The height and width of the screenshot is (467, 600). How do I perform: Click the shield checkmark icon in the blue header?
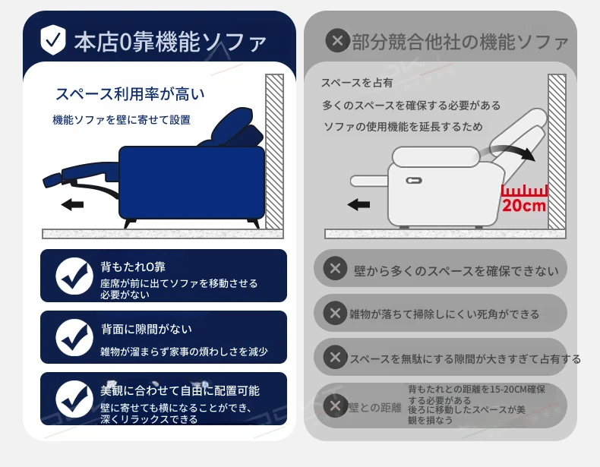coord(53,39)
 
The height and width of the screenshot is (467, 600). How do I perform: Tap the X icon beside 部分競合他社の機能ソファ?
coord(337,40)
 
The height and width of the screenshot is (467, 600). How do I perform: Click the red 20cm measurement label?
coord(524,205)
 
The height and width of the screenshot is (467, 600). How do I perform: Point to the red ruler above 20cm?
coord(524,191)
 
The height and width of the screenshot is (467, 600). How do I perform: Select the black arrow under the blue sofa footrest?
coord(72,204)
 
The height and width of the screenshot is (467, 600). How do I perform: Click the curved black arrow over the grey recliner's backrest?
coord(509,152)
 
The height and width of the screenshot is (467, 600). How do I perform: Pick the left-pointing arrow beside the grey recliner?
coord(358,204)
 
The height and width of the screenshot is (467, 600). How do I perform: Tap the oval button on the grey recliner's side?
coord(414,181)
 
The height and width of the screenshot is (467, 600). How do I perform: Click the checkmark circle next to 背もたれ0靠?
coord(74,276)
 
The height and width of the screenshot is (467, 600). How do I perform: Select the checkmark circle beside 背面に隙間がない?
coord(74,338)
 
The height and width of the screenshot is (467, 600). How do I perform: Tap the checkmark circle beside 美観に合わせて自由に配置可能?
coord(74,399)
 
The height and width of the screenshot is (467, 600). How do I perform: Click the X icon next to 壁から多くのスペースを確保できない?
coord(335,268)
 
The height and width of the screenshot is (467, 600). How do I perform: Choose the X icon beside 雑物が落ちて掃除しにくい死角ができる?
coord(335,314)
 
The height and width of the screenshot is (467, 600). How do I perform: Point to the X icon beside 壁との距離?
coord(335,405)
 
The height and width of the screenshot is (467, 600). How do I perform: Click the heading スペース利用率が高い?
coord(130,93)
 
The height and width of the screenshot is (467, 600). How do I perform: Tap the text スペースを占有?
coord(357,83)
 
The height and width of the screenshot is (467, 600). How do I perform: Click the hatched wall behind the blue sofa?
coord(274,151)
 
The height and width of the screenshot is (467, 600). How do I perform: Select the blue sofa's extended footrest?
coord(81,175)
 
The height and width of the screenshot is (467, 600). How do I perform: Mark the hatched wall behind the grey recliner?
coord(557,151)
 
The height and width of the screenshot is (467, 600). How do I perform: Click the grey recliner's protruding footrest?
coord(370,181)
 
